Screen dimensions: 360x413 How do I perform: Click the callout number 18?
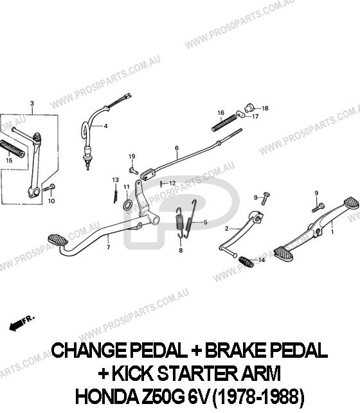(265, 109)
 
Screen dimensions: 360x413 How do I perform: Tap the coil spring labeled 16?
(224, 123)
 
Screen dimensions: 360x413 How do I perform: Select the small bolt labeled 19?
(134, 171)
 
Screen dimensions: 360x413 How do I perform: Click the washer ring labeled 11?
(127, 204)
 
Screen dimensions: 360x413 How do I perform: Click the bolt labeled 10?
(49, 188)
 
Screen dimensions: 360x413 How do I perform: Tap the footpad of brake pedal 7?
(58, 240)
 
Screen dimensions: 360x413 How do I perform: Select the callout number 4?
(105, 126)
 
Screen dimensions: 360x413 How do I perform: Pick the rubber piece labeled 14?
(246, 261)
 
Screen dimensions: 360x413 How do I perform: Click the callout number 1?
(332, 232)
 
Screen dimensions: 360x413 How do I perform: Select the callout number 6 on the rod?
(177, 148)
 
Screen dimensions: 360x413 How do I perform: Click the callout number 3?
(32, 103)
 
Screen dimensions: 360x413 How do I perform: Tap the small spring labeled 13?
(116, 193)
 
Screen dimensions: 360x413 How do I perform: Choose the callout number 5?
(205, 223)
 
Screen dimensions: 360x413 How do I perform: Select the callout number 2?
(227, 229)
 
